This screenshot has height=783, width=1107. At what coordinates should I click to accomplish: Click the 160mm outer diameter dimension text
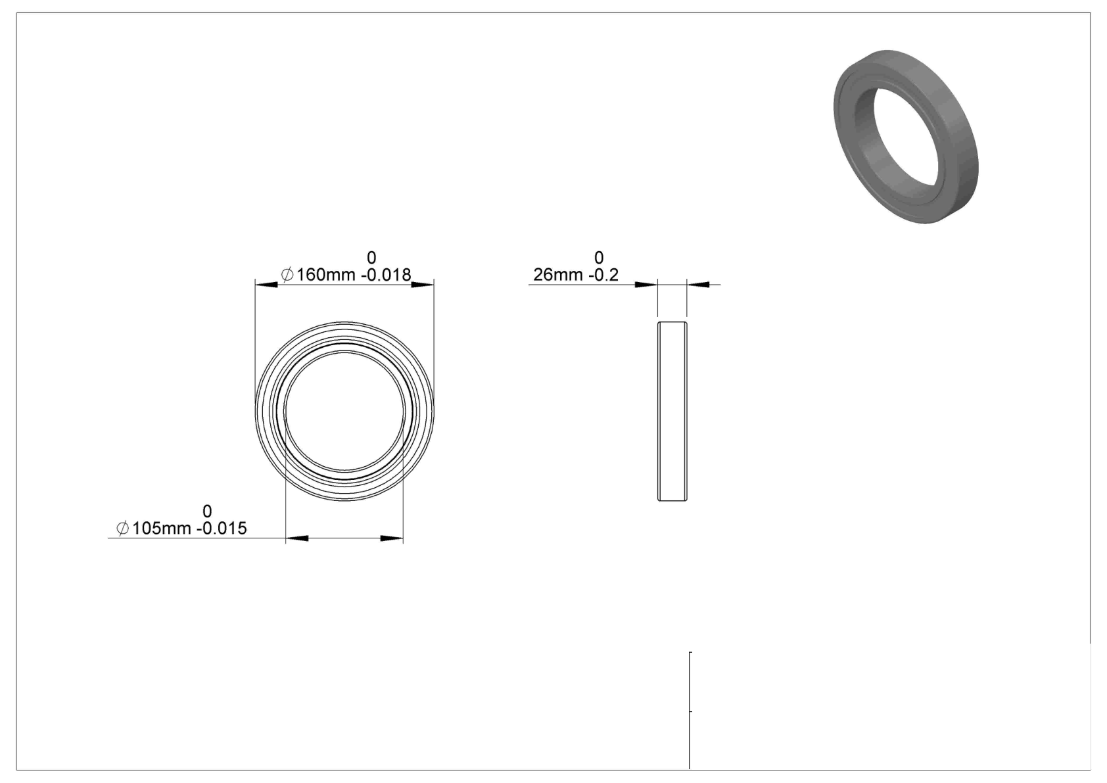click(325, 275)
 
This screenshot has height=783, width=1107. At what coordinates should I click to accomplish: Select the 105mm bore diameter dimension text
click(161, 529)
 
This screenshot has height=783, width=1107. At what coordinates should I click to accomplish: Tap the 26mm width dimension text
click(558, 275)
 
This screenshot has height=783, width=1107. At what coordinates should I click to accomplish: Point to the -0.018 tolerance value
click(386, 275)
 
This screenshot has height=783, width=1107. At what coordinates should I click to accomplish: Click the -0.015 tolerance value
click(222, 529)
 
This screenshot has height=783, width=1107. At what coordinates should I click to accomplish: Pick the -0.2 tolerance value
click(604, 275)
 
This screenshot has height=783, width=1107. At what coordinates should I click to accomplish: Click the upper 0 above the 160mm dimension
click(371, 258)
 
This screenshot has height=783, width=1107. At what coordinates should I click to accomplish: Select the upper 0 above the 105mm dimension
click(207, 511)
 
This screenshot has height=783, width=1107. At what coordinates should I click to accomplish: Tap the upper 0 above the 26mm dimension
click(598, 258)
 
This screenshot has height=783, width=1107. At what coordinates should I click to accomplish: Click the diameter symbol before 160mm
click(287, 275)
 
